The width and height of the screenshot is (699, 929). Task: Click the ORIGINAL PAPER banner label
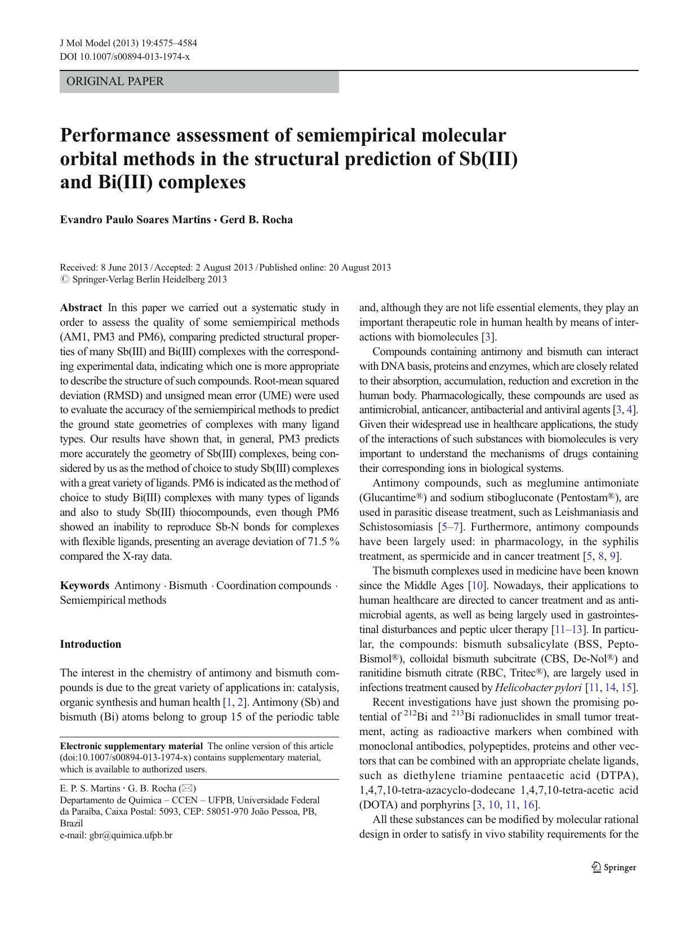coord(115,81)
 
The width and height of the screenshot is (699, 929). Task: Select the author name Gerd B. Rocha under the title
coord(256,220)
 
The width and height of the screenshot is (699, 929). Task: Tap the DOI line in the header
coord(124,56)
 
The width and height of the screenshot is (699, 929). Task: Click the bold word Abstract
coord(81,308)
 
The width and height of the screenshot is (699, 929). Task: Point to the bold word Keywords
coord(84,586)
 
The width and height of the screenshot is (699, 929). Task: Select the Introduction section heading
coord(91,644)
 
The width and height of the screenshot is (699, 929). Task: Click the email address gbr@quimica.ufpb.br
coord(131,835)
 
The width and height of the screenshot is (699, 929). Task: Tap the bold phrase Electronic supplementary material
coord(131,746)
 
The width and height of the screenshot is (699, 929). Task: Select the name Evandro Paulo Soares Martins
coord(135,220)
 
